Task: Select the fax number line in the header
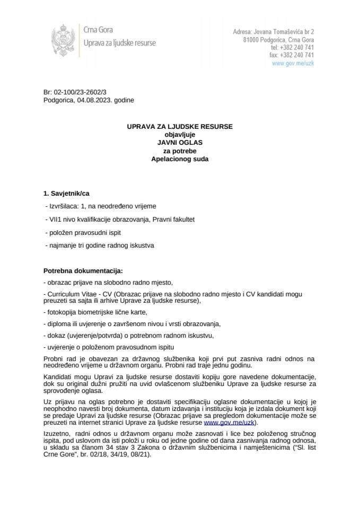292,55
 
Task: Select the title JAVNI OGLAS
180,142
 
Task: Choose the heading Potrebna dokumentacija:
83,270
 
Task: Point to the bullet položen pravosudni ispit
87,232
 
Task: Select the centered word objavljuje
180,134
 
